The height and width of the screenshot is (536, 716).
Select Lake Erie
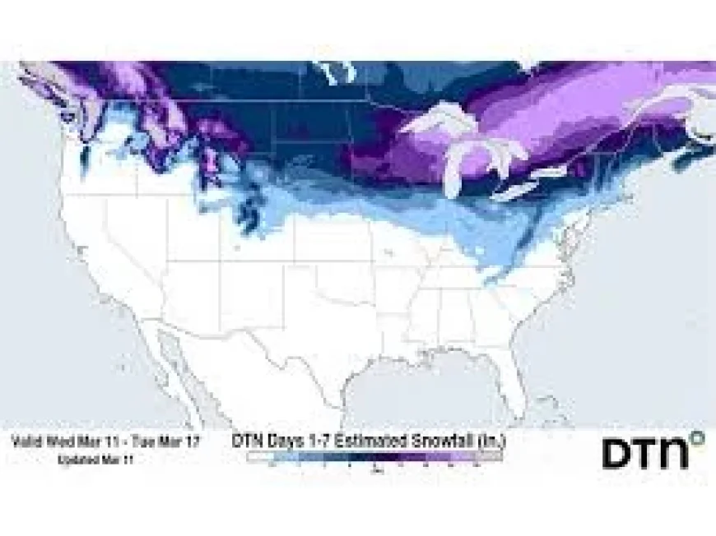pos(519,190)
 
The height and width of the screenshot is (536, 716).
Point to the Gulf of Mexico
pos(420,390)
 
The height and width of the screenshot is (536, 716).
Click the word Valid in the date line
pos(28,441)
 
